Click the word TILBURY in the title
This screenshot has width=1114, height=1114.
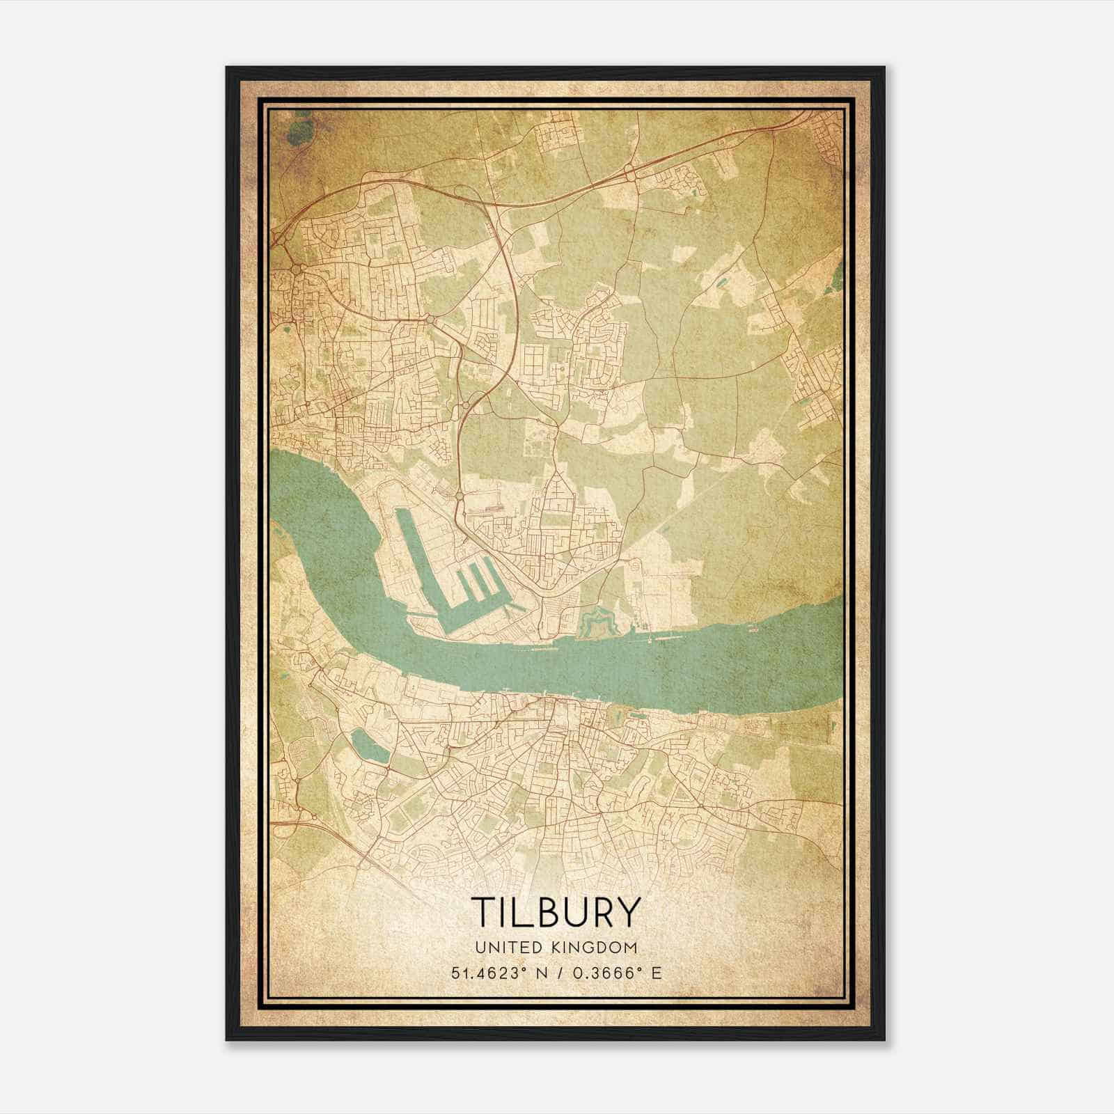coord(556,911)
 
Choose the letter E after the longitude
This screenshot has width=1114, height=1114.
coord(655,973)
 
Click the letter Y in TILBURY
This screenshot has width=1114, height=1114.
coord(627,911)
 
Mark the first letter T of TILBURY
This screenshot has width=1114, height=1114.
coord(483,911)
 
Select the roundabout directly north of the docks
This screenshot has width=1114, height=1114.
coord(460,496)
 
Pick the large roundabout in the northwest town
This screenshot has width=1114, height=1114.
coord(297,269)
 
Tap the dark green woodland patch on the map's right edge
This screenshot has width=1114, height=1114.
coord(833,282)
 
